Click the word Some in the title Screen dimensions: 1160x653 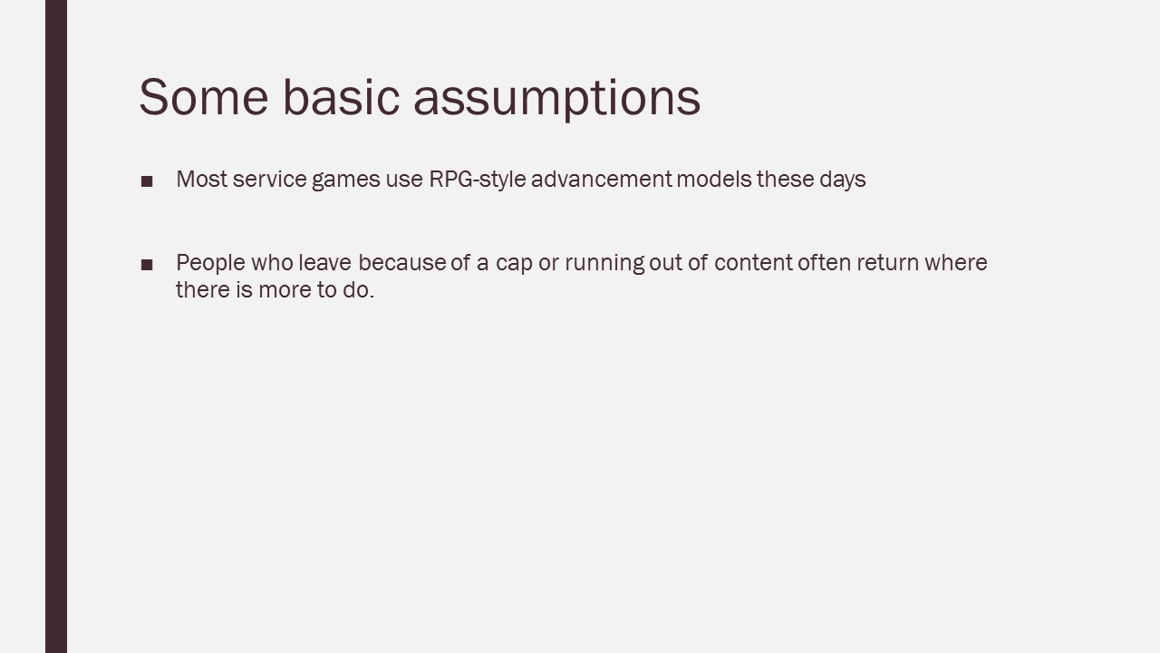tap(204, 97)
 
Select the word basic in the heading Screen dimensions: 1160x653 tap(342, 97)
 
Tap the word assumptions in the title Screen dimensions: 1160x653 tap(557, 100)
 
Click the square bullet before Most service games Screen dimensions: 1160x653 tap(147, 181)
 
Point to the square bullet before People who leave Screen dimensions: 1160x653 tap(147, 265)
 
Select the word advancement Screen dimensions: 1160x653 tap(602, 180)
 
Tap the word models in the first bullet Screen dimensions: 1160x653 tap(714, 180)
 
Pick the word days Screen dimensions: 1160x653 tap(843, 180)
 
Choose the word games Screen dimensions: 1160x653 tap(346, 181)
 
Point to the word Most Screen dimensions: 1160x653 tap(202, 180)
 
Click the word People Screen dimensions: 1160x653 tap(211, 263)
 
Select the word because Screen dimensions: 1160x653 tap(401, 263)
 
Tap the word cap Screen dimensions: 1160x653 tap(514, 265)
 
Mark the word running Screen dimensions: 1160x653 tap(604, 264)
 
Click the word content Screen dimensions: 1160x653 tap(753, 263)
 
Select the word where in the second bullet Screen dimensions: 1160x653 tap(956, 263)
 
